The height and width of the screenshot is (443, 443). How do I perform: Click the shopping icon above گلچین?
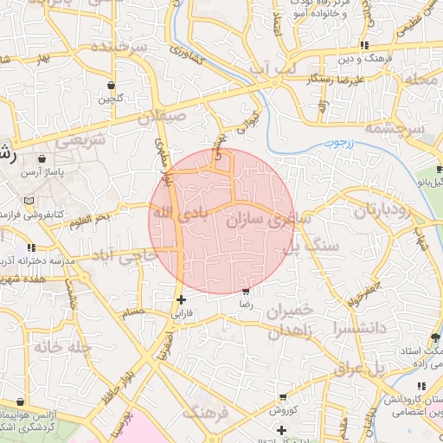(x=110, y=85)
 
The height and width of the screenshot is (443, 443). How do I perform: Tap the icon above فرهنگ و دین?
(x=365, y=45)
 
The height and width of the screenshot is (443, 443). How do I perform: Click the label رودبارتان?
(x=387, y=210)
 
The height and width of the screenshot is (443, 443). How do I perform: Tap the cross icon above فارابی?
(x=181, y=300)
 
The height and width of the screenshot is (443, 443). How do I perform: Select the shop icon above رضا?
(x=247, y=292)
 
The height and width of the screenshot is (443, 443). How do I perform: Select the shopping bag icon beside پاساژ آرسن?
(x=42, y=159)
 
